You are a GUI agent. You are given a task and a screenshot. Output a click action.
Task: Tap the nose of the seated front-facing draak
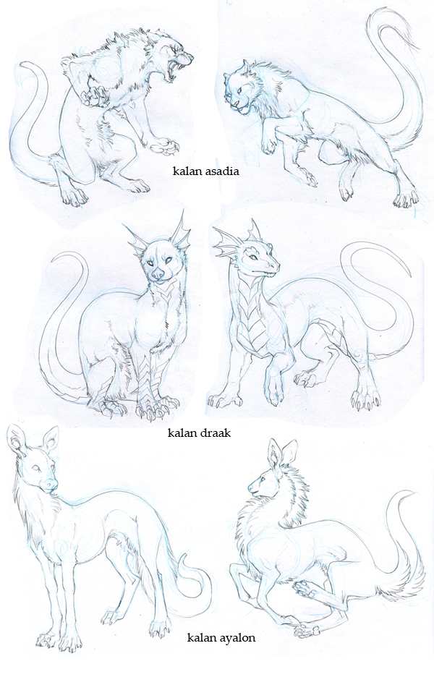[x=159, y=273]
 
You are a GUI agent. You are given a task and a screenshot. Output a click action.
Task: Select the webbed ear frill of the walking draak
[x=226, y=244]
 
